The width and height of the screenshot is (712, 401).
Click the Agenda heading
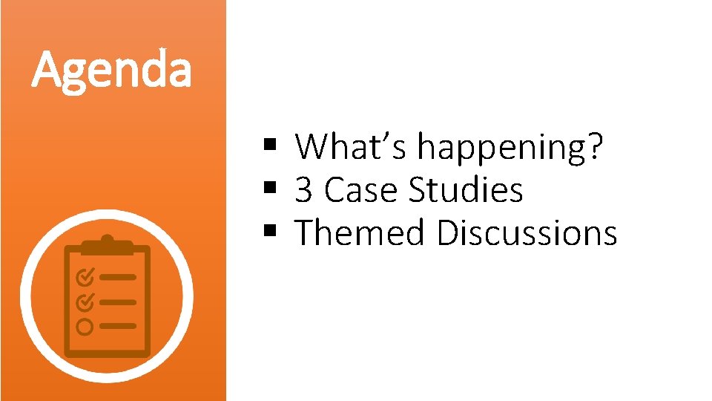112,70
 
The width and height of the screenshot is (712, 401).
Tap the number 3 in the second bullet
303,190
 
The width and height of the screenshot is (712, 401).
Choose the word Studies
466,190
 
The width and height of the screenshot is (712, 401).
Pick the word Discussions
527,233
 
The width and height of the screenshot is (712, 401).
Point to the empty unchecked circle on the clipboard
85,326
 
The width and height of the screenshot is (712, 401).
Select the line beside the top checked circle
118,277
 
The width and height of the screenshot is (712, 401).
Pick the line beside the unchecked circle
118,326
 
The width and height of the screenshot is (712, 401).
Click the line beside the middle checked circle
118,301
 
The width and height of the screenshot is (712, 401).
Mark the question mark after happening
596,147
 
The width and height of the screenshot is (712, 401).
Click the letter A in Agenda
47,70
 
